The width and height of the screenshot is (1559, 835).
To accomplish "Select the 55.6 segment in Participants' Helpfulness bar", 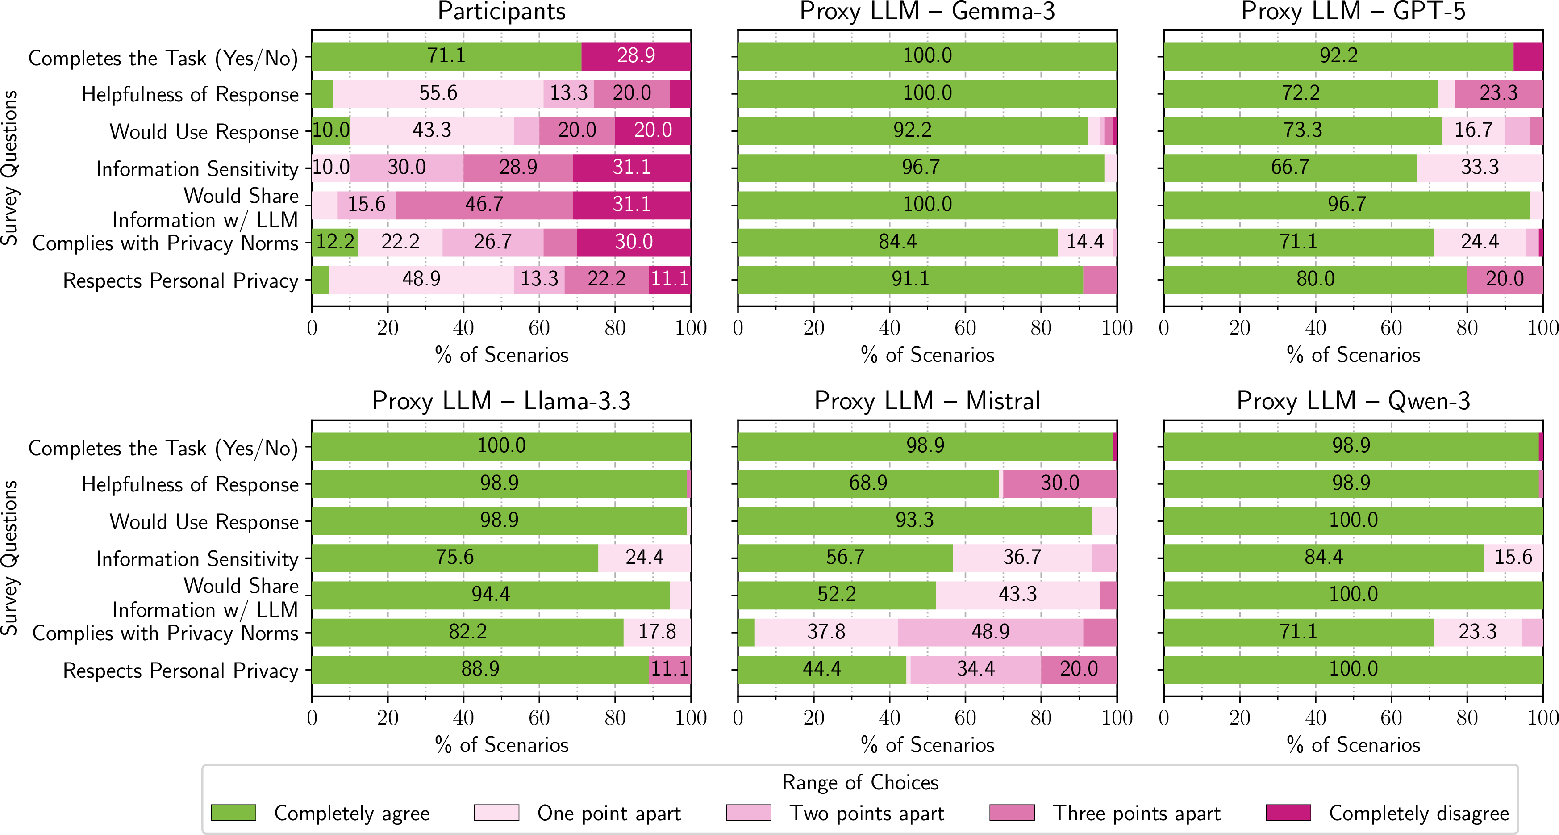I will tap(438, 94).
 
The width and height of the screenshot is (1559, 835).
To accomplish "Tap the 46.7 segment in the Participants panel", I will tap(484, 205).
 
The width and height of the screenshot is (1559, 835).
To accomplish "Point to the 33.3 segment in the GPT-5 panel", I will tap(1479, 168).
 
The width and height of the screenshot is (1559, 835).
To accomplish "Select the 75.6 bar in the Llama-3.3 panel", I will tap(454, 558).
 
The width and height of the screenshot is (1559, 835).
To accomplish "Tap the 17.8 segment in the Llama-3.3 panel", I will tap(657, 632).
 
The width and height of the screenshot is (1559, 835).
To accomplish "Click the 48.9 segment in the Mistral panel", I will tap(990, 632).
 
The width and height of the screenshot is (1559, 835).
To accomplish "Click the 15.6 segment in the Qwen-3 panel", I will tap(1513, 558).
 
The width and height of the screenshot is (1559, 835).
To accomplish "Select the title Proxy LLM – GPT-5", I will tap(1353, 12).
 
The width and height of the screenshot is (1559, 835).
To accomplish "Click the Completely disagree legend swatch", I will tap(1288, 813).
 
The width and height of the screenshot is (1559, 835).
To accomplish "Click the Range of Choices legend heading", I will tap(859, 783).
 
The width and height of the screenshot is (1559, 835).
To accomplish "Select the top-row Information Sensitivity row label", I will tap(197, 169).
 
